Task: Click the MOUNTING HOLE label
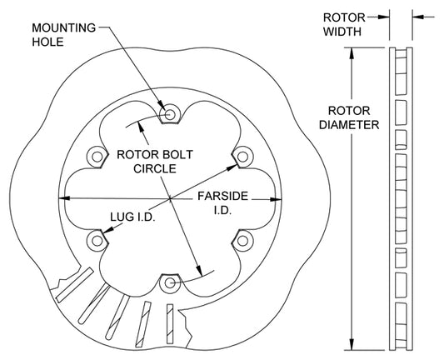click(63, 35)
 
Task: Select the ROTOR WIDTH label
click(344, 25)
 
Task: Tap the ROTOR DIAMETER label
click(349, 117)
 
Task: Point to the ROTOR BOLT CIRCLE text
click(155, 162)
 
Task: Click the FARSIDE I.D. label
click(223, 203)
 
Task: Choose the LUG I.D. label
click(132, 217)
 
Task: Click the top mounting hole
click(170, 114)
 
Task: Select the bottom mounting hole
click(170, 283)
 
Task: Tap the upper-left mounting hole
click(97, 157)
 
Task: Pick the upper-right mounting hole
click(242, 157)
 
